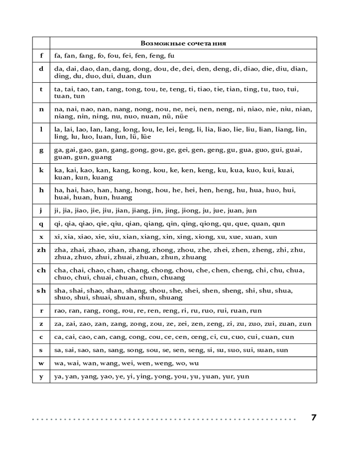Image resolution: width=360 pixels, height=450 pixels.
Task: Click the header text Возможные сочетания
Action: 183,44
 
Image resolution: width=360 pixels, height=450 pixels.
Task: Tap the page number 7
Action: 314,418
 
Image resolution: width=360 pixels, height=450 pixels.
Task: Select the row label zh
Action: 41,250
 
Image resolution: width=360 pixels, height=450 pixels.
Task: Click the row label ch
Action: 41,270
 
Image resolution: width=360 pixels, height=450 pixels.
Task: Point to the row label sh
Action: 41,291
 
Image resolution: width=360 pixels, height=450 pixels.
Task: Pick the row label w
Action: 41,363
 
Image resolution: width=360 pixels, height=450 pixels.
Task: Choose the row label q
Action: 41,224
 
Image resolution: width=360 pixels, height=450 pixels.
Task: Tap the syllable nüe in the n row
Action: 180,117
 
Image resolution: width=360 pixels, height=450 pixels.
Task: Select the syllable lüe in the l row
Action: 144,137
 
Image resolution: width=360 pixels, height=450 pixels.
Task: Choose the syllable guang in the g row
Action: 101,157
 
